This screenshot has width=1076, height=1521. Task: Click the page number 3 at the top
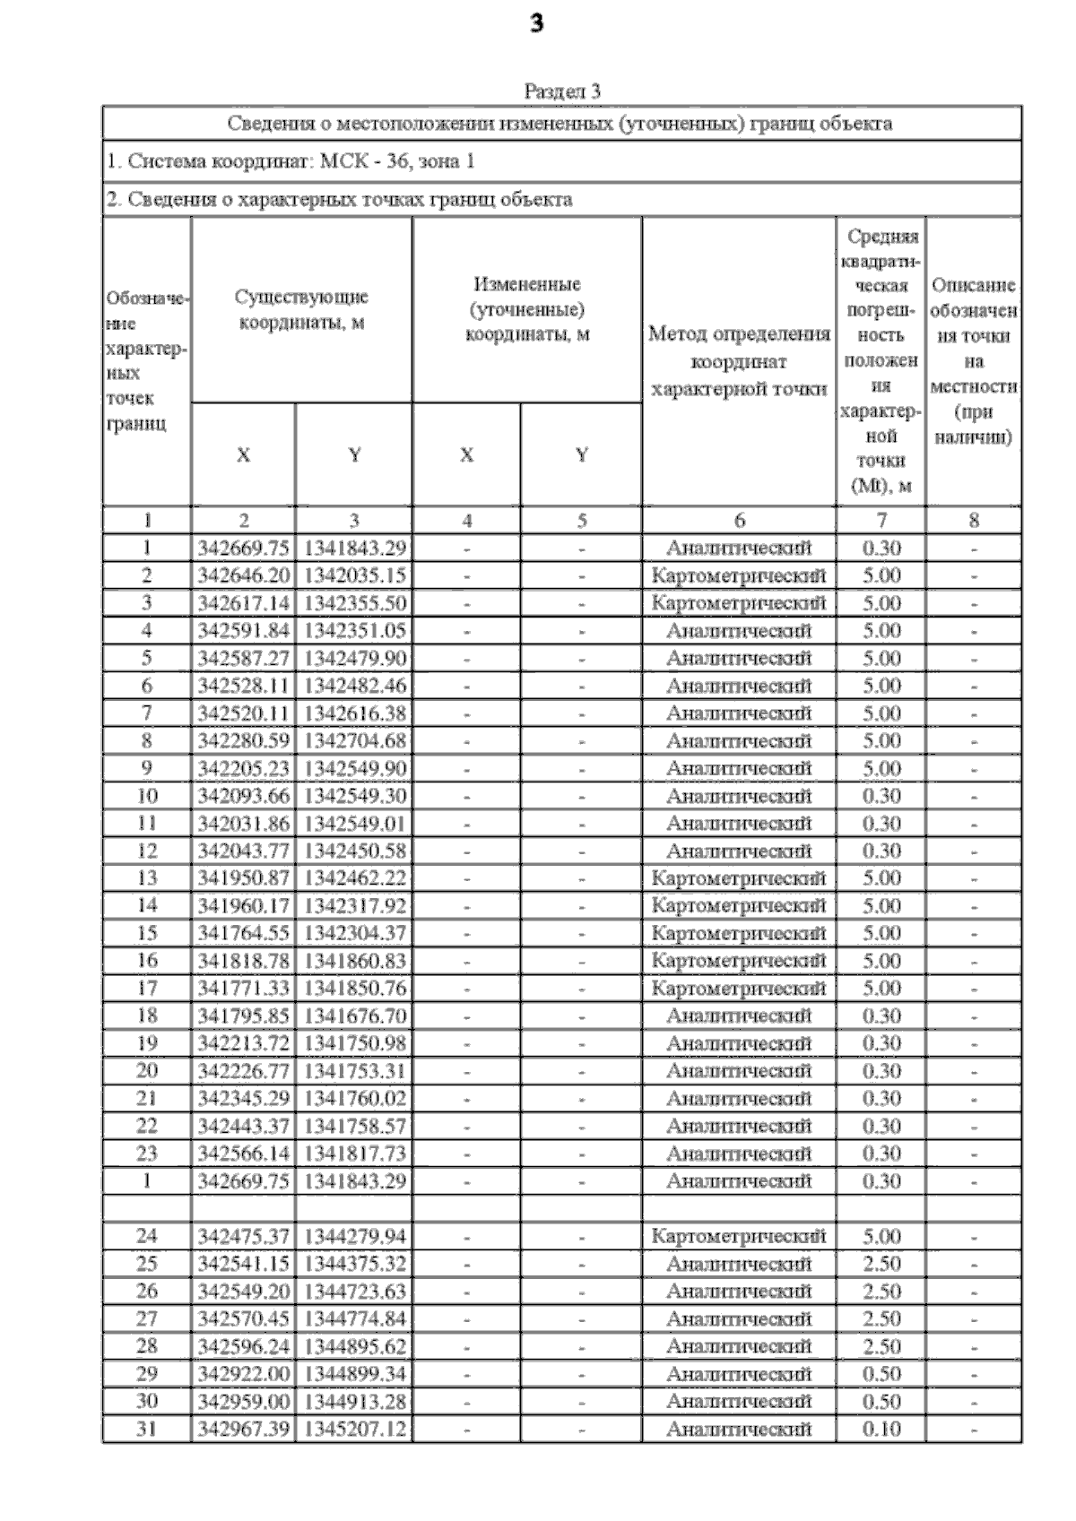tap(536, 24)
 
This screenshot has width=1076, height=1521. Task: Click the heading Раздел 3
tap(561, 91)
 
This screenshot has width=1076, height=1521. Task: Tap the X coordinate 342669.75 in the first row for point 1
tap(243, 549)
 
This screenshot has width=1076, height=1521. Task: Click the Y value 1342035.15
tap(354, 575)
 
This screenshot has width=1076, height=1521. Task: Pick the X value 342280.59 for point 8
tap(243, 741)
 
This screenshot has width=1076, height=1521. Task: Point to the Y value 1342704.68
tap(354, 741)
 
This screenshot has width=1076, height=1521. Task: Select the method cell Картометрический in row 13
tap(738, 878)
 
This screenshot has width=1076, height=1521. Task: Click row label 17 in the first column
tap(147, 989)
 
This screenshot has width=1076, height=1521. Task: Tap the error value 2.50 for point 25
tap(881, 1264)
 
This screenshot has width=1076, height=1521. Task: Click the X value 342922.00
tap(243, 1374)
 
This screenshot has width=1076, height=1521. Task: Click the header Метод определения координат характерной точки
tap(738, 361)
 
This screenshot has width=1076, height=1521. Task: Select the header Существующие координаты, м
tap(301, 309)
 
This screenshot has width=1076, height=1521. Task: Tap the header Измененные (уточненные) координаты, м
tap(527, 309)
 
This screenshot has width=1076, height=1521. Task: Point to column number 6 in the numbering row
tap(739, 521)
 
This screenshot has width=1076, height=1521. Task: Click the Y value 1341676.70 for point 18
tap(354, 1016)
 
